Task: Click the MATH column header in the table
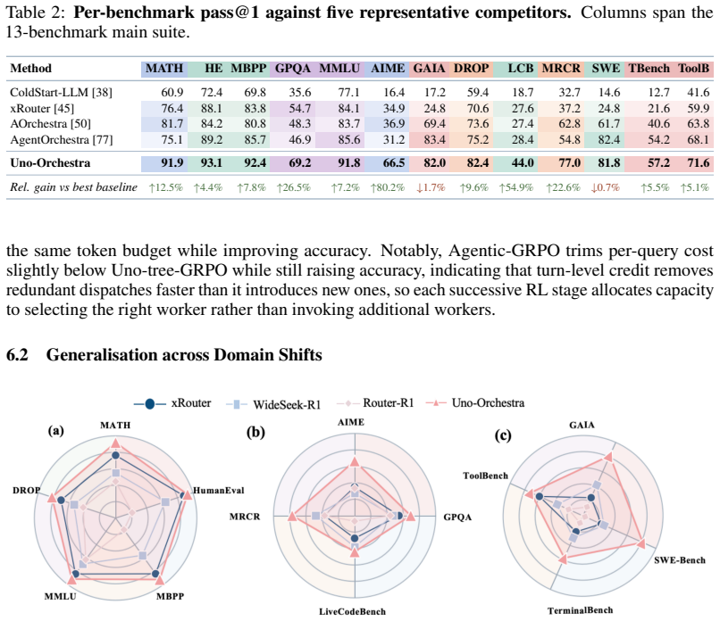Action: (x=164, y=69)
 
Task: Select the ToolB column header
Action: (x=694, y=69)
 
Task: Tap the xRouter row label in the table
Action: (x=42, y=108)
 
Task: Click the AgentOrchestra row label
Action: (x=61, y=139)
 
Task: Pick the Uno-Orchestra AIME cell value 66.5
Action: (x=394, y=163)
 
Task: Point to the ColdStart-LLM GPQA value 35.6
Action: (x=300, y=93)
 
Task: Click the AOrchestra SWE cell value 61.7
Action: (x=608, y=124)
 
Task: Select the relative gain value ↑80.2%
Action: (x=388, y=187)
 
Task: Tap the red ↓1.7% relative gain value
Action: (x=431, y=187)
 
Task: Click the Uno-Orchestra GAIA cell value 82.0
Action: (x=434, y=163)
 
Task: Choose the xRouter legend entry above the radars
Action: (x=172, y=403)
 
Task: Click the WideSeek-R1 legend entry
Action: (x=273, y=404)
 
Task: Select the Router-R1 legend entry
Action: (x=375, y=403)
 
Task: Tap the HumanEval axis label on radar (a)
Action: (x=218, y=491)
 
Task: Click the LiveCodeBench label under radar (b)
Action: (x=352, y=611)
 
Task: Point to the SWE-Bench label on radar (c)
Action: (x=680, y=560)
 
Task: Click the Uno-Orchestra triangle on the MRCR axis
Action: (x=291, y=517)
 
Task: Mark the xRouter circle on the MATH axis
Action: (x=116, y=455)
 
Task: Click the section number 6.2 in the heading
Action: (x=17, y=355)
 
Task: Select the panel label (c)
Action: (x=502, y=435)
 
